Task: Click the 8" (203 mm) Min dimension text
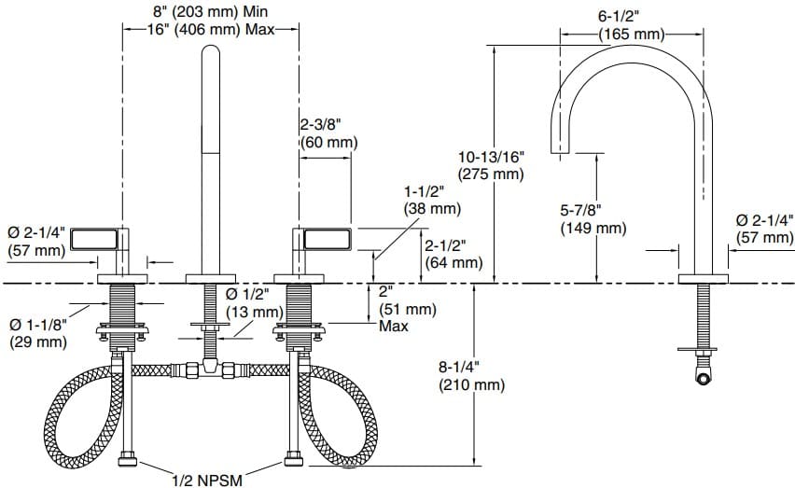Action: coord(210,11)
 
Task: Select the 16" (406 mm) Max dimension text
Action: coord(210,29)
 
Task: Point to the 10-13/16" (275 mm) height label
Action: coord(491,165)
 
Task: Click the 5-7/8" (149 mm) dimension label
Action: coord(593,219)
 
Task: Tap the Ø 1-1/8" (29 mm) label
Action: coord(38,333)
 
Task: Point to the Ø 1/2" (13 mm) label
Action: coord(255,302)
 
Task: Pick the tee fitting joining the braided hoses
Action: coord(212,369)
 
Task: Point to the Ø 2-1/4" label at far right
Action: coord(764,229)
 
